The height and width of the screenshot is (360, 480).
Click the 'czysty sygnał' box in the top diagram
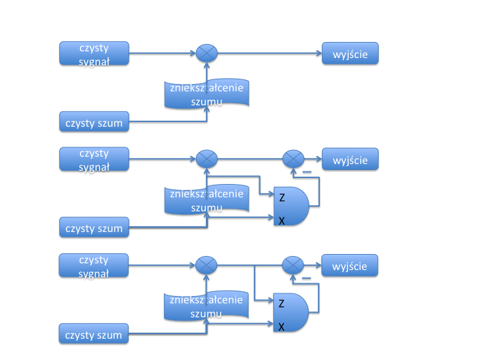click(94, 53)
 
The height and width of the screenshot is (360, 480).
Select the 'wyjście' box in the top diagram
click(351, 53)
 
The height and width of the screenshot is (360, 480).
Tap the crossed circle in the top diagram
click(207, 53)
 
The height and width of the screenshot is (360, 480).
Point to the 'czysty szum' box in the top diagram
click(94, 123)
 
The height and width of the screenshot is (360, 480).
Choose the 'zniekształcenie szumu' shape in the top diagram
click(207, 93)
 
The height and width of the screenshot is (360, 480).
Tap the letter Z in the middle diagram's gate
click(281, 197)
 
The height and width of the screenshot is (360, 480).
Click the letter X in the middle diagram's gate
click(281, 220)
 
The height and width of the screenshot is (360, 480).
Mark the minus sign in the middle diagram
click(307, 173)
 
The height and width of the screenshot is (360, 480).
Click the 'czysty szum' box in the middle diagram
click(94, 228)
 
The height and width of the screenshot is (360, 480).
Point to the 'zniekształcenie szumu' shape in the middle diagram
click(207, 199)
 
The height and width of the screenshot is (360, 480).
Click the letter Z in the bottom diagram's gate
click(281, 304)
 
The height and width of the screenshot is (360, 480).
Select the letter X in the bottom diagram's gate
click(281, 327)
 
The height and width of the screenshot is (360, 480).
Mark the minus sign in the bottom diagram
click(307, 279)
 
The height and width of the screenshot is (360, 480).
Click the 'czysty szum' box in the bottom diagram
click(94, 334)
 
